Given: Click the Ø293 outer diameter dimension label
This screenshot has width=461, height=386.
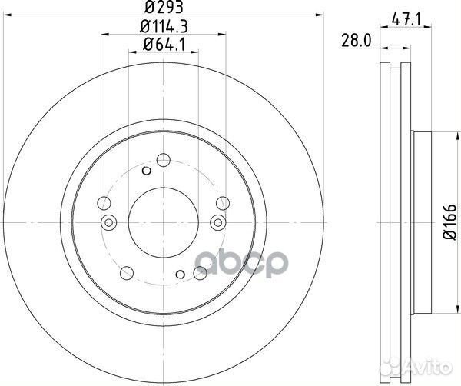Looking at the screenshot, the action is tap(164, 7).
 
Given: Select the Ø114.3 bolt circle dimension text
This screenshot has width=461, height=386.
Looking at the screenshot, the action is tap(164, 26).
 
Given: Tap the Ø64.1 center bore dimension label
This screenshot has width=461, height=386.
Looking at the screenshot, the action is tap(164, 45).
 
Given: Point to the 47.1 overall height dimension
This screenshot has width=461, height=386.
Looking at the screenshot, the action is tap(406, 20).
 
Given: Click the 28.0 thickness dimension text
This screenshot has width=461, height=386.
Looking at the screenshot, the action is tap(357, 40).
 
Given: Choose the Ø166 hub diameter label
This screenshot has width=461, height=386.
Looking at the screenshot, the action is tap(449, 221).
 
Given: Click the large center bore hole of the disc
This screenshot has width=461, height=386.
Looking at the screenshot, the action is tap(164, 222).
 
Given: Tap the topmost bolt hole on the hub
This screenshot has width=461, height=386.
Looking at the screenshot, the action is tap(164, 160).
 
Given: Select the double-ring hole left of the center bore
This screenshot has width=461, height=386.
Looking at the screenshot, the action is tap(109, 222).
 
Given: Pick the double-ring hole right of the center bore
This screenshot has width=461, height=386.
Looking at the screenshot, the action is tap(218, 222).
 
